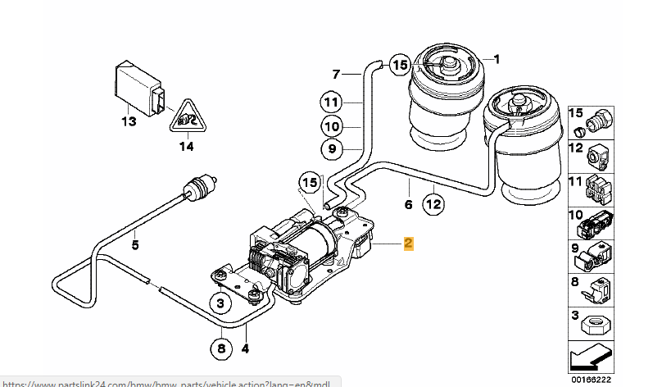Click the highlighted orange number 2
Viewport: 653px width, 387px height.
pos(408,244)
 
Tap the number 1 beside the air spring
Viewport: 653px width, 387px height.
pos(496,59)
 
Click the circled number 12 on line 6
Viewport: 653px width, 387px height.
pos(433,203)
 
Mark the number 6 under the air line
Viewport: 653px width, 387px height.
pos(408,204)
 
